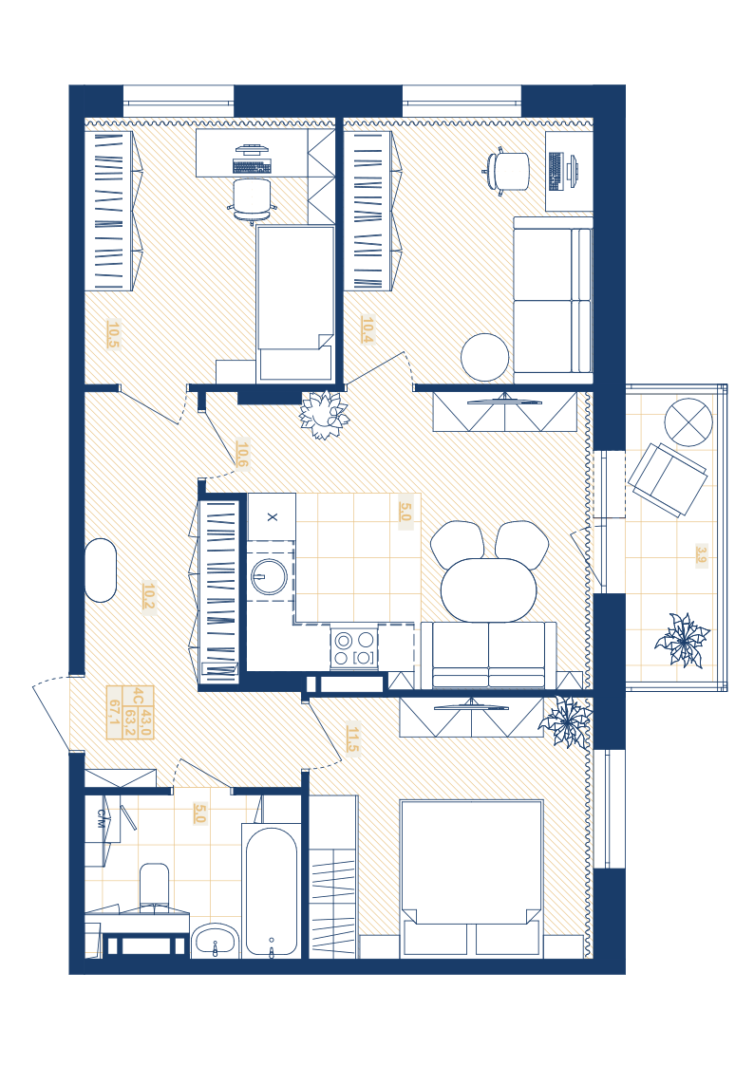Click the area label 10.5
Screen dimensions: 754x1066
113,334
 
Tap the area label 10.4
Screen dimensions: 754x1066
368,330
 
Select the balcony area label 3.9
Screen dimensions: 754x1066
702,555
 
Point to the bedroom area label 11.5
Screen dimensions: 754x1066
352,739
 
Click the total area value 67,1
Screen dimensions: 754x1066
114,718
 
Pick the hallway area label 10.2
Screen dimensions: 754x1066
149,597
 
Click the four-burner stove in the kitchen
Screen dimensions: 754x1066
354,648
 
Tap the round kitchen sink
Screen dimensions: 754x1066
270,576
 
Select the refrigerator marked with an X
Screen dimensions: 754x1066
272,516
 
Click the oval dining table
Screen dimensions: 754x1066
488,589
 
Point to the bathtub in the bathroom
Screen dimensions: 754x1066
271,891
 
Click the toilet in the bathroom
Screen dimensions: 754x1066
154,885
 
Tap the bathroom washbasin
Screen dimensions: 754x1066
215,941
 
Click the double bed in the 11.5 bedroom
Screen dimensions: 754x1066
471,878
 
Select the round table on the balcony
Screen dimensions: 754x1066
688,422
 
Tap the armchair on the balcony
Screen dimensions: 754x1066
667,480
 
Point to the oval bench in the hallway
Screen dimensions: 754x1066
100,570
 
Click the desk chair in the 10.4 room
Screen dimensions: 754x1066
506,171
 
